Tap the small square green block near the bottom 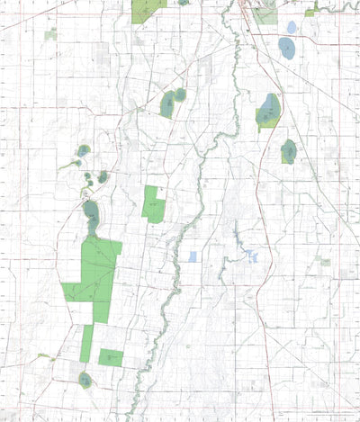(111, 357)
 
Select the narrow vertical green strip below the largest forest (86, 343)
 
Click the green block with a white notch (154, 204)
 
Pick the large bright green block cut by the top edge (147, 9)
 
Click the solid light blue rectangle (193, 256)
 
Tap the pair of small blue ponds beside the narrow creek (253, 257)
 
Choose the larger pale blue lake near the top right (287, 48)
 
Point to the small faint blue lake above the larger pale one (291, 26)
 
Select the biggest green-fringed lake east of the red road (269, 112)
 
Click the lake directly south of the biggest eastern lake (289, 151)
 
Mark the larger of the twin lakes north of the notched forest (167, 105)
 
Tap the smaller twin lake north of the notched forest (181, 94)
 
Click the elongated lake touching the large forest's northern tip (91, 214)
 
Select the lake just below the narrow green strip (85, 379)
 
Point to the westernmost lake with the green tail (83, 151)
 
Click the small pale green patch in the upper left (51, 33)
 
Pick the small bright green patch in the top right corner (310, 13)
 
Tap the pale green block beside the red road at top (265, 14)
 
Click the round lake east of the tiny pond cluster (103, 176)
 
